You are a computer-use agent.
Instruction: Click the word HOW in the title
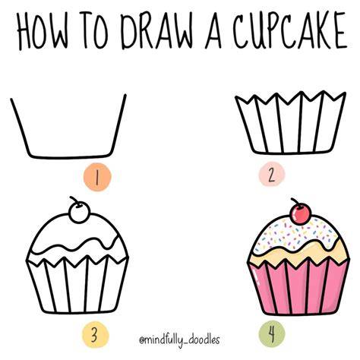tap(43, 30)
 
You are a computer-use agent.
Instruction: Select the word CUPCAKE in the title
tap(290, 30)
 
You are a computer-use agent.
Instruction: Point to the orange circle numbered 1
tap(97, 176)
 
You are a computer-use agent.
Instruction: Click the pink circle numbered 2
tap(272, 175)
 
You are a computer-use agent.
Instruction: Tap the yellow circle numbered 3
tap(94, 336)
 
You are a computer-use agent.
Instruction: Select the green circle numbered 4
tap(272, 333)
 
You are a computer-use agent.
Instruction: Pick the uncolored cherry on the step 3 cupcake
tap(80, 213)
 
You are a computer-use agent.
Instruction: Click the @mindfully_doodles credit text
tap(179, 339)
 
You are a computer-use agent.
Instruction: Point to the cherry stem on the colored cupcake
tap(295, 202)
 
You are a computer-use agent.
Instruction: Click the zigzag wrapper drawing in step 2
tap(291, 123)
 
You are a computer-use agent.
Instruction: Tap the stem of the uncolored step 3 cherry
tap(74, 200)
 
